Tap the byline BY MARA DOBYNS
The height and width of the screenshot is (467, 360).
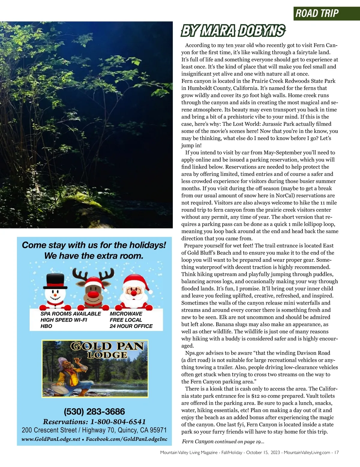tap(233, 31)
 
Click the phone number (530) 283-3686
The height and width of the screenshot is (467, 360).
tap(94, 411)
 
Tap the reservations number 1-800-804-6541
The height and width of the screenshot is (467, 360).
tap(118, 422)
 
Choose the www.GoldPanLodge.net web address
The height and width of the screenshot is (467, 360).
tap(51, 439)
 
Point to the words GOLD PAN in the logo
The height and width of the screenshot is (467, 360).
tap(107, 346)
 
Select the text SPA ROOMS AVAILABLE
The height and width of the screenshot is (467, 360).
tap(71, 314)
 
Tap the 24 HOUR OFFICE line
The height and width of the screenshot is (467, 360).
tap(131, 326)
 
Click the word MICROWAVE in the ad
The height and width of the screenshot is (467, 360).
tap(126, 314)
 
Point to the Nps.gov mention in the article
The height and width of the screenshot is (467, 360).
tap(195, 353)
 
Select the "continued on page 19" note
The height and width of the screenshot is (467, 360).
tap(239, 442)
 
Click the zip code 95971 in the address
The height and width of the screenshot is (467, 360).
tap(158, 430)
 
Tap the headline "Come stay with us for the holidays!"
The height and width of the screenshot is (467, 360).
tap(94, 245)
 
